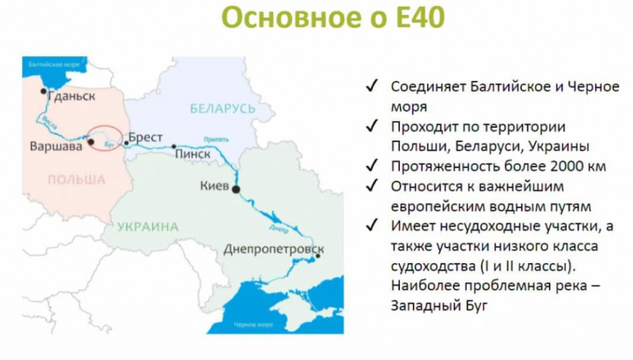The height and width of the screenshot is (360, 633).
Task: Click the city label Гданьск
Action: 72,96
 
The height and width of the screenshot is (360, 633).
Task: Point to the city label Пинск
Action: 193,154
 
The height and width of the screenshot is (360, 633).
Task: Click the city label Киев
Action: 215,185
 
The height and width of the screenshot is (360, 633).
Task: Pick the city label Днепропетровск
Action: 273,250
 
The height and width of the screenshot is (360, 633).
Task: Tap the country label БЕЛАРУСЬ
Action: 222,108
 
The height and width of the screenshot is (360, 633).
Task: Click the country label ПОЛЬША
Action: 75,180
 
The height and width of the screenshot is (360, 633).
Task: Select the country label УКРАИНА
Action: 147,227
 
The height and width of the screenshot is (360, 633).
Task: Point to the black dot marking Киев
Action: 236,190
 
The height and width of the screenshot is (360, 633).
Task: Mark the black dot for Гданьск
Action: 44,90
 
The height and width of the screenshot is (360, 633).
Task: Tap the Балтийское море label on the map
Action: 55,65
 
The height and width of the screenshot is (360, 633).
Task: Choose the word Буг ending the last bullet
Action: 471,305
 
